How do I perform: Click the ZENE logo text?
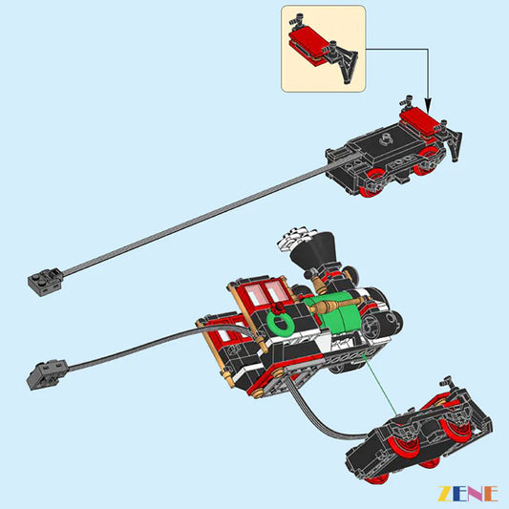[x=468, y=493]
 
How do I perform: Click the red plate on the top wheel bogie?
[x=421, y=120]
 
